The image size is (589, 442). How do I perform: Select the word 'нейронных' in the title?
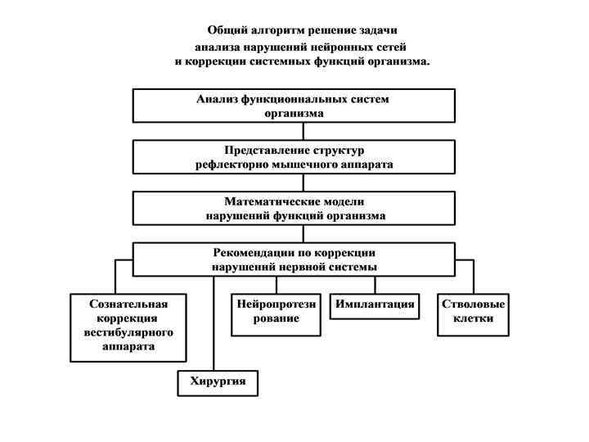[333, 46]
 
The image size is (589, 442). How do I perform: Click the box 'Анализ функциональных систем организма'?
[294, 106]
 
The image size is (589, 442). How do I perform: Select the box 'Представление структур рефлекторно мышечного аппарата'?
[294, 157]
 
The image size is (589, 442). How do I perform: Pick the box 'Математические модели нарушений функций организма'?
[294, 208]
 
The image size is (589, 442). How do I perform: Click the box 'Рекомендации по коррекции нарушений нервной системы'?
[294, 259]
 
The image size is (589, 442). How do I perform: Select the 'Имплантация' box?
[375, 305]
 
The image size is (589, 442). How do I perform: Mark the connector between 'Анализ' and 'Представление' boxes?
[303, 131]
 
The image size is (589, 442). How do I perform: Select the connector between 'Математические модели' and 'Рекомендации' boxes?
[303, 233]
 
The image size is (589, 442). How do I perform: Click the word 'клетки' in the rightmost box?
[473, 318]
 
